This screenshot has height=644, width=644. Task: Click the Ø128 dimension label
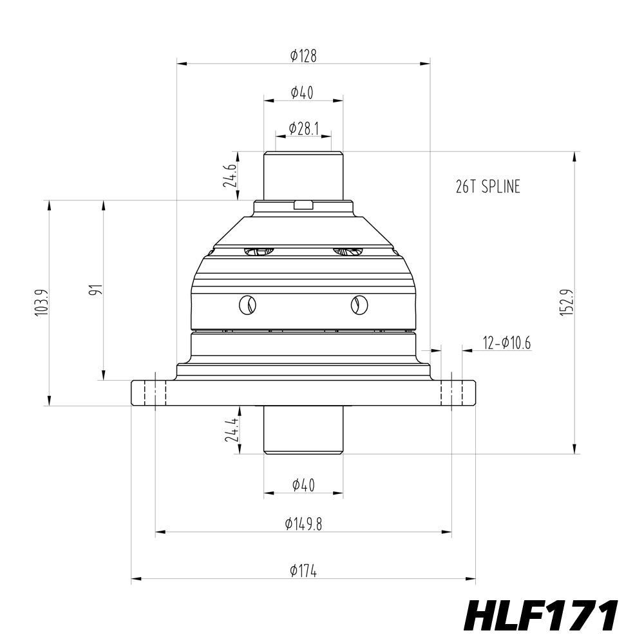(x=303, y=56)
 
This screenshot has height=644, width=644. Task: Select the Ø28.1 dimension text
(x=303, y=128)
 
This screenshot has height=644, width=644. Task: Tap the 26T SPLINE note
(x=488, y=187)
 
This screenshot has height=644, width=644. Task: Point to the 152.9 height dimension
(x=566, y=302)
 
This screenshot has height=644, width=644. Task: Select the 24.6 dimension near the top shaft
(x=230, y=176)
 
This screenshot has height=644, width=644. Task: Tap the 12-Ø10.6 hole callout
(x=507, y=343)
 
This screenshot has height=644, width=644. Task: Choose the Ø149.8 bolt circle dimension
(x=303, y=524)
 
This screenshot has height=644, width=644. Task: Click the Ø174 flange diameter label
(x=303, y=571)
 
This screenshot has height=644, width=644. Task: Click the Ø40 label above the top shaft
(x=302, y=93)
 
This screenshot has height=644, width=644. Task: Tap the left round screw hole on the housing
(x=247, y=305)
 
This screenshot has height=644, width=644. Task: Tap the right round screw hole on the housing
(x=358, y=305)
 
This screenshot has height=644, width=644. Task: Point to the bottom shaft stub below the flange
(x=303, y=430)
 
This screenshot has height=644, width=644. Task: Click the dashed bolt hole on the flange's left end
(x=155, y=393)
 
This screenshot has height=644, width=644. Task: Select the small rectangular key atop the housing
(x=303, y=205)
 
